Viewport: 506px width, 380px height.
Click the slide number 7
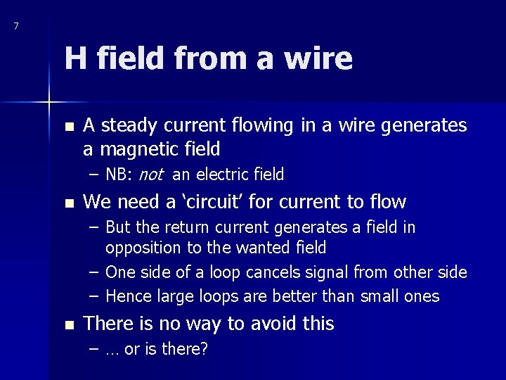[16, 27]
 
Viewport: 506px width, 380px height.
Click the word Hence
[125, 296]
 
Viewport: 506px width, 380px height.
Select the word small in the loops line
[379, 296]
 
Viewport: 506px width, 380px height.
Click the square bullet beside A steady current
[67, 127]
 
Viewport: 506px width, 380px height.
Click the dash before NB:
[93, 175]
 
